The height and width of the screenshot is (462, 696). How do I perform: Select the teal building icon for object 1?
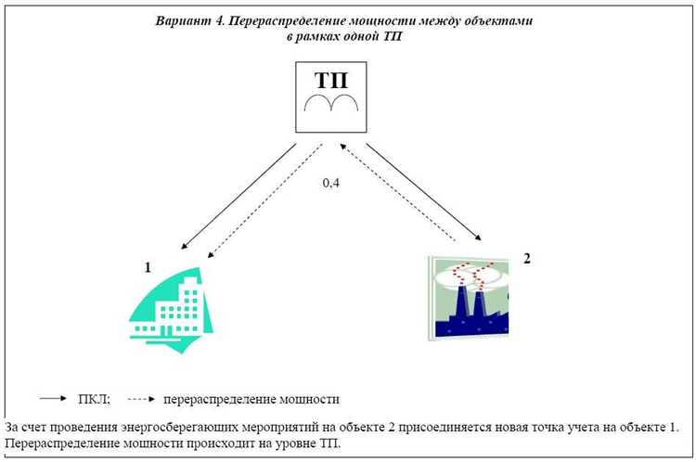click(173, 306)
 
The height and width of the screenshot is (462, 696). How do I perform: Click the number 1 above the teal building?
click(147, 267)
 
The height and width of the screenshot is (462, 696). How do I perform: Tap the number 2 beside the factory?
click(526, 257)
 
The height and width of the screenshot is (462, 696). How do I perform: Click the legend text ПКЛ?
click(95, 400)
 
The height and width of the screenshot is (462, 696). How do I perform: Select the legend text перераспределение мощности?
click(251, 400)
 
